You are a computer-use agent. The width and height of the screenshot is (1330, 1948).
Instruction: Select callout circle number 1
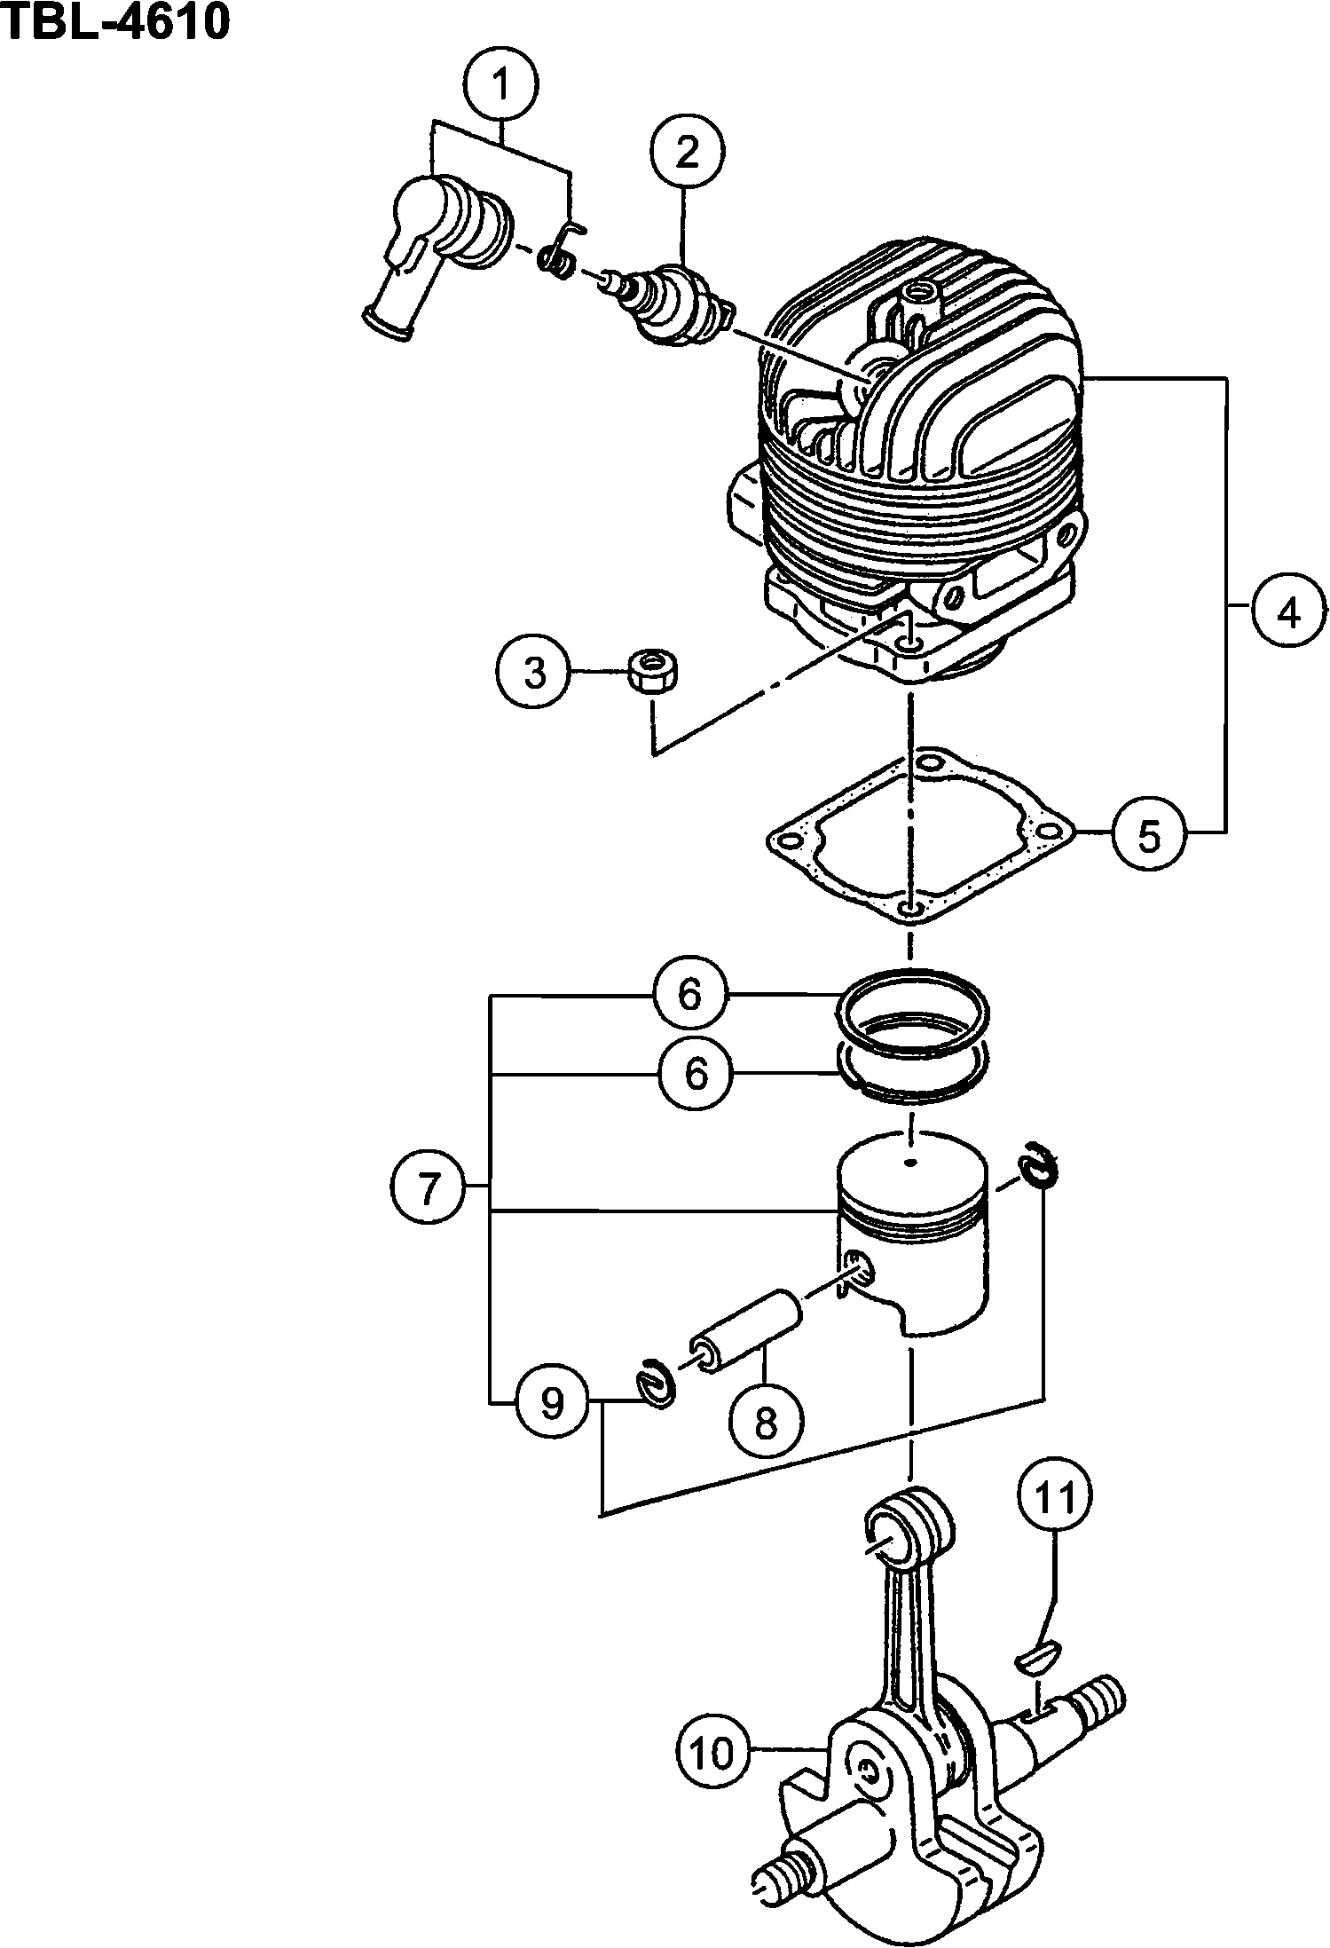[x=500, y=85]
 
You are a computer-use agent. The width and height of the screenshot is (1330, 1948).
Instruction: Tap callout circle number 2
[x=687, y=154]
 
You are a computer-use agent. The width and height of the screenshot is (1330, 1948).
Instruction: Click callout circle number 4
[x=1289, y=612]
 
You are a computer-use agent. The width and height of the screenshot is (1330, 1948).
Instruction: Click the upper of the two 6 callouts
[x=690, y=994]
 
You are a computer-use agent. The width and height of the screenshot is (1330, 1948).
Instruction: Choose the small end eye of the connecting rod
[x=909, y=1534]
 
